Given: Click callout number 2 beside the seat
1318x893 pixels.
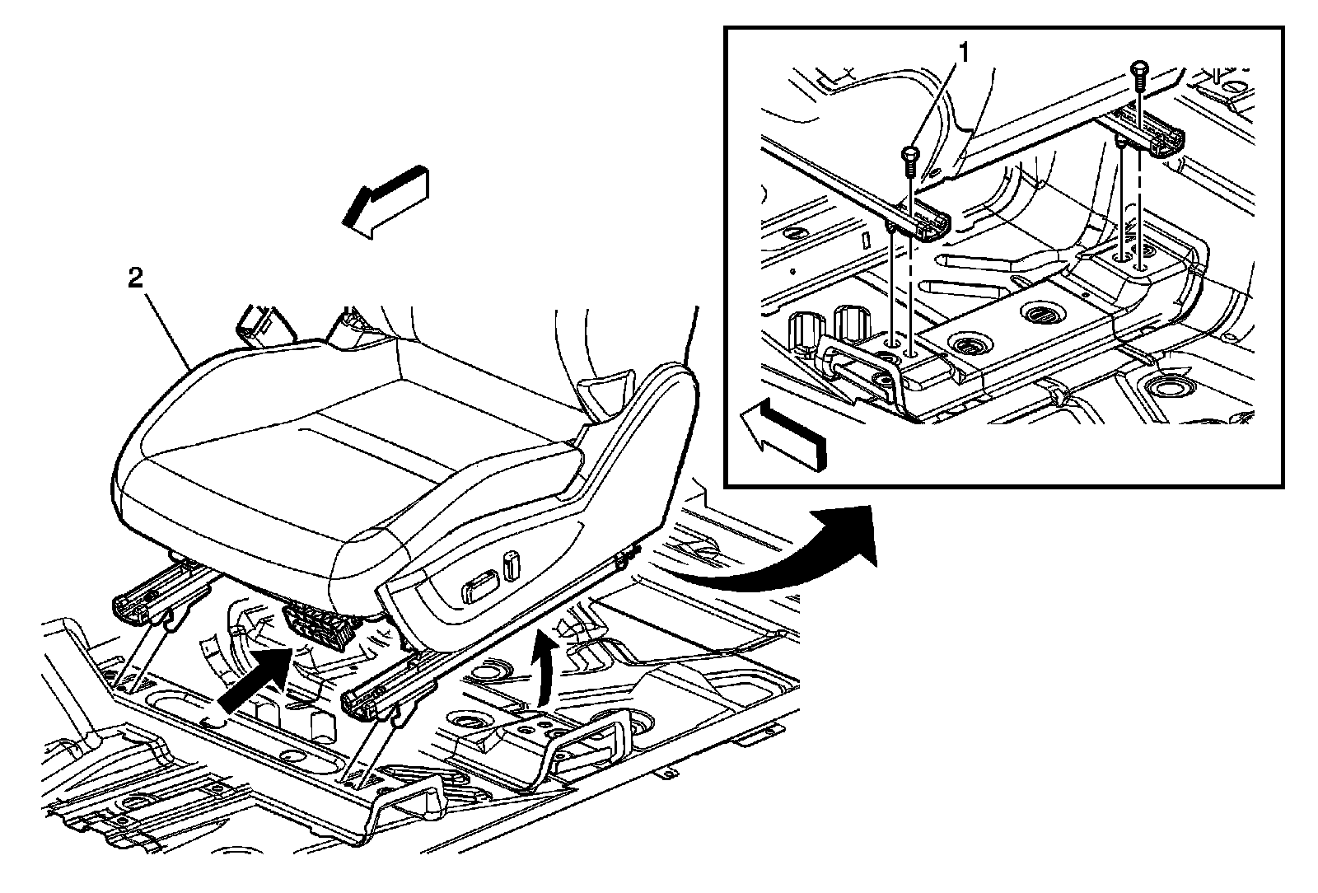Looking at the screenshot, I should pos(135,278).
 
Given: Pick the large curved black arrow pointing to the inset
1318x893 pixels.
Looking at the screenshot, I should pos(783,556).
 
